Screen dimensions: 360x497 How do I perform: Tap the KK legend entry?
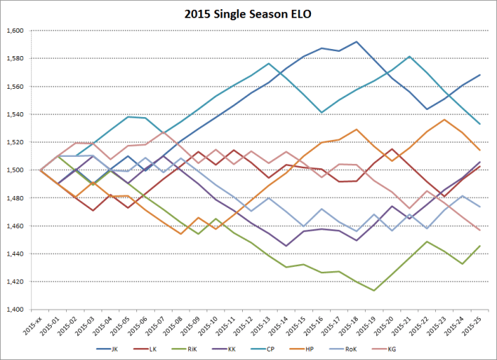pos(259,350)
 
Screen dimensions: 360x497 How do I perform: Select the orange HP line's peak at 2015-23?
pos(444,119)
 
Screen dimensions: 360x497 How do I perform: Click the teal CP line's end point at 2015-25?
pos(480,124)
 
